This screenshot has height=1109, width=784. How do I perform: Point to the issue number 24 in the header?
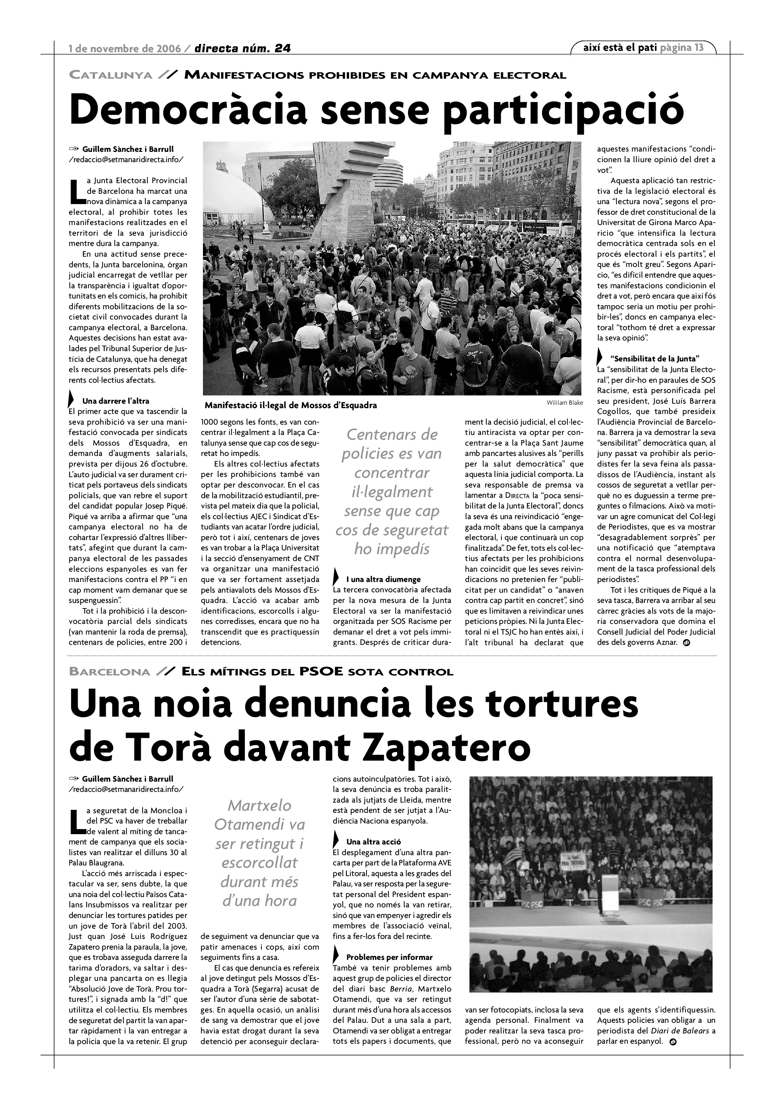(x=282, y=48)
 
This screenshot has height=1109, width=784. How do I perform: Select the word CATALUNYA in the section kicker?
(x=111, y=75)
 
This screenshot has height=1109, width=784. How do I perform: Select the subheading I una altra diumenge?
(x=383, y=579)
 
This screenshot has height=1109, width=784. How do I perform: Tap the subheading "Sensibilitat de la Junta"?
(x=655, y=359)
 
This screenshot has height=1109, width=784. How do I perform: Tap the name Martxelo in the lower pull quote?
(x=260, y=805)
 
